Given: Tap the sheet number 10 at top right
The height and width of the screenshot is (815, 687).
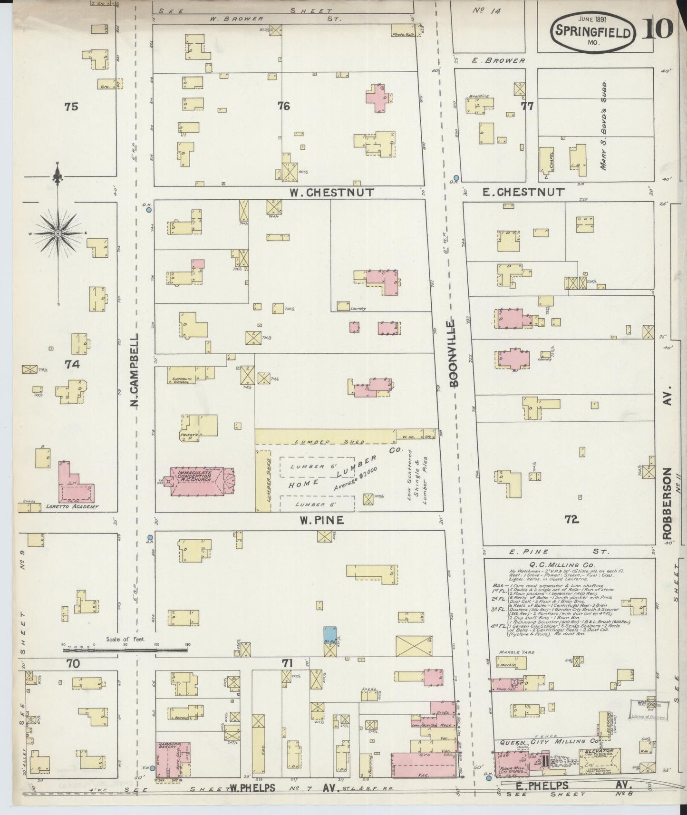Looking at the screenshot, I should [x=658, y=29].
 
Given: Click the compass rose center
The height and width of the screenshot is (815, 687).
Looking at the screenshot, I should [x=58, y=233].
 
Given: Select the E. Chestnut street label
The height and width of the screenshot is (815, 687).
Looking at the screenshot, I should [x=523, y=192].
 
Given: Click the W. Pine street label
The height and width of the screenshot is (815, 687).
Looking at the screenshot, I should [x=321, y=520].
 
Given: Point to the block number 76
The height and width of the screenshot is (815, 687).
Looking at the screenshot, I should [x=283, y=106].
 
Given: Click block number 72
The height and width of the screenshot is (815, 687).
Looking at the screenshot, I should [x=571, y=520].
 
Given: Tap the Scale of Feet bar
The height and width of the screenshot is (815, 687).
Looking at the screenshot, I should [x=126, y=648].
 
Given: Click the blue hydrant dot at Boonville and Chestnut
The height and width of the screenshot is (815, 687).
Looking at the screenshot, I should [x=456, y=177].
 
